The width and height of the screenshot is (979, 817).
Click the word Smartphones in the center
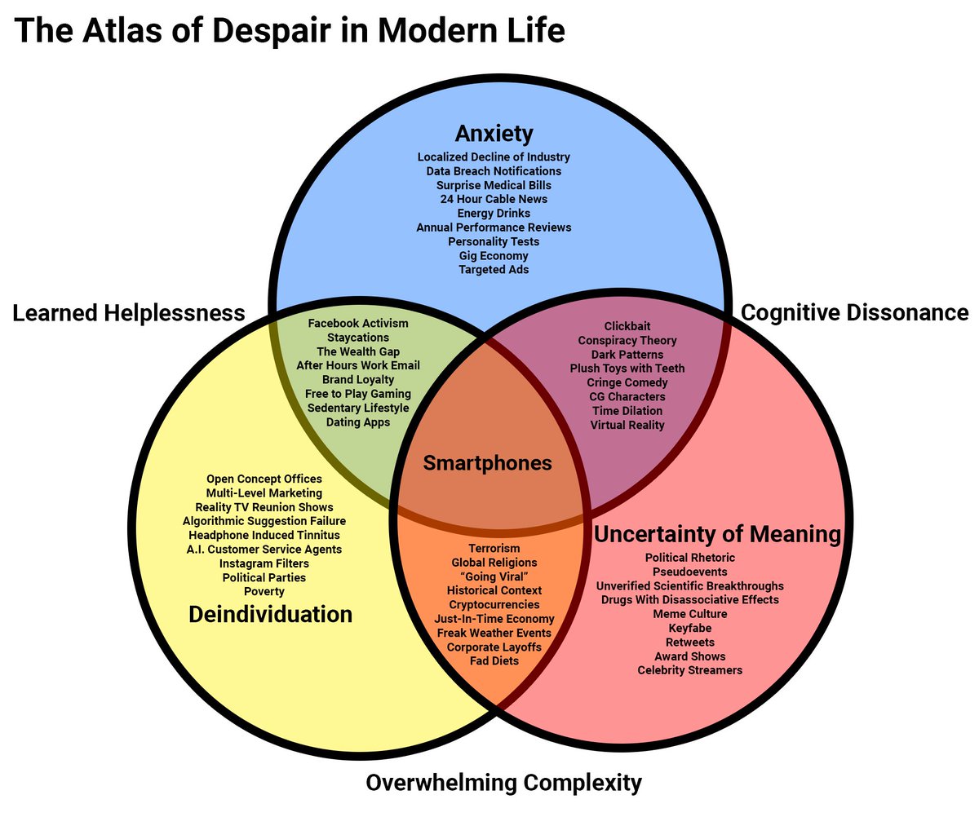click(x=487, y=464)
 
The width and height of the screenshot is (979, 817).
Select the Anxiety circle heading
click(x=494, y=133)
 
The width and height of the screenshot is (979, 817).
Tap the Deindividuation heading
click(x=270, y=614)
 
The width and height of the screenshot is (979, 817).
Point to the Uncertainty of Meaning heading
click(x=717, y=535)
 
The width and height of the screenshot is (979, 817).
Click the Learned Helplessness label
click(x=128, y=313)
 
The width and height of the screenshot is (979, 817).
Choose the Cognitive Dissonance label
click(x=854, y=313)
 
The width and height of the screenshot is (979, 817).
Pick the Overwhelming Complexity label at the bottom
click(x=503, y=784)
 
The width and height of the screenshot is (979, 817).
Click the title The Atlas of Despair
click(x=290, y=30)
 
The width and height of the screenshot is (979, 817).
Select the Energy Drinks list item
click(x=494, y=213)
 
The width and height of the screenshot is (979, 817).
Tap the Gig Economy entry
click(x=494, y=255)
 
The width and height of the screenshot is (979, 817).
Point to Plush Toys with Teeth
click(x=627, y=369)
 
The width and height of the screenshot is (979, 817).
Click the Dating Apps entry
click(x=358, y=422)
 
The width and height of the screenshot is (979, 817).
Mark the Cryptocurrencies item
click(x=494, y=604)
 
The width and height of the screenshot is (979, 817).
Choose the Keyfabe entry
click(x=690, y=628)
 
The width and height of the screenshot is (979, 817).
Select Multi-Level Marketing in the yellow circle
click(x=264, y=492)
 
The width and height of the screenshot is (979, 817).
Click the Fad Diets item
click(x=494, y=660)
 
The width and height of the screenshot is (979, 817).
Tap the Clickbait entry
click(x=627, y=326)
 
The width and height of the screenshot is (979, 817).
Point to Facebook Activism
click(x=358, y=324)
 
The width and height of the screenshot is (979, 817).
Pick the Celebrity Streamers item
click(x=690, y=670)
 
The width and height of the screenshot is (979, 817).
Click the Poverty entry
click(x=264, y=591)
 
